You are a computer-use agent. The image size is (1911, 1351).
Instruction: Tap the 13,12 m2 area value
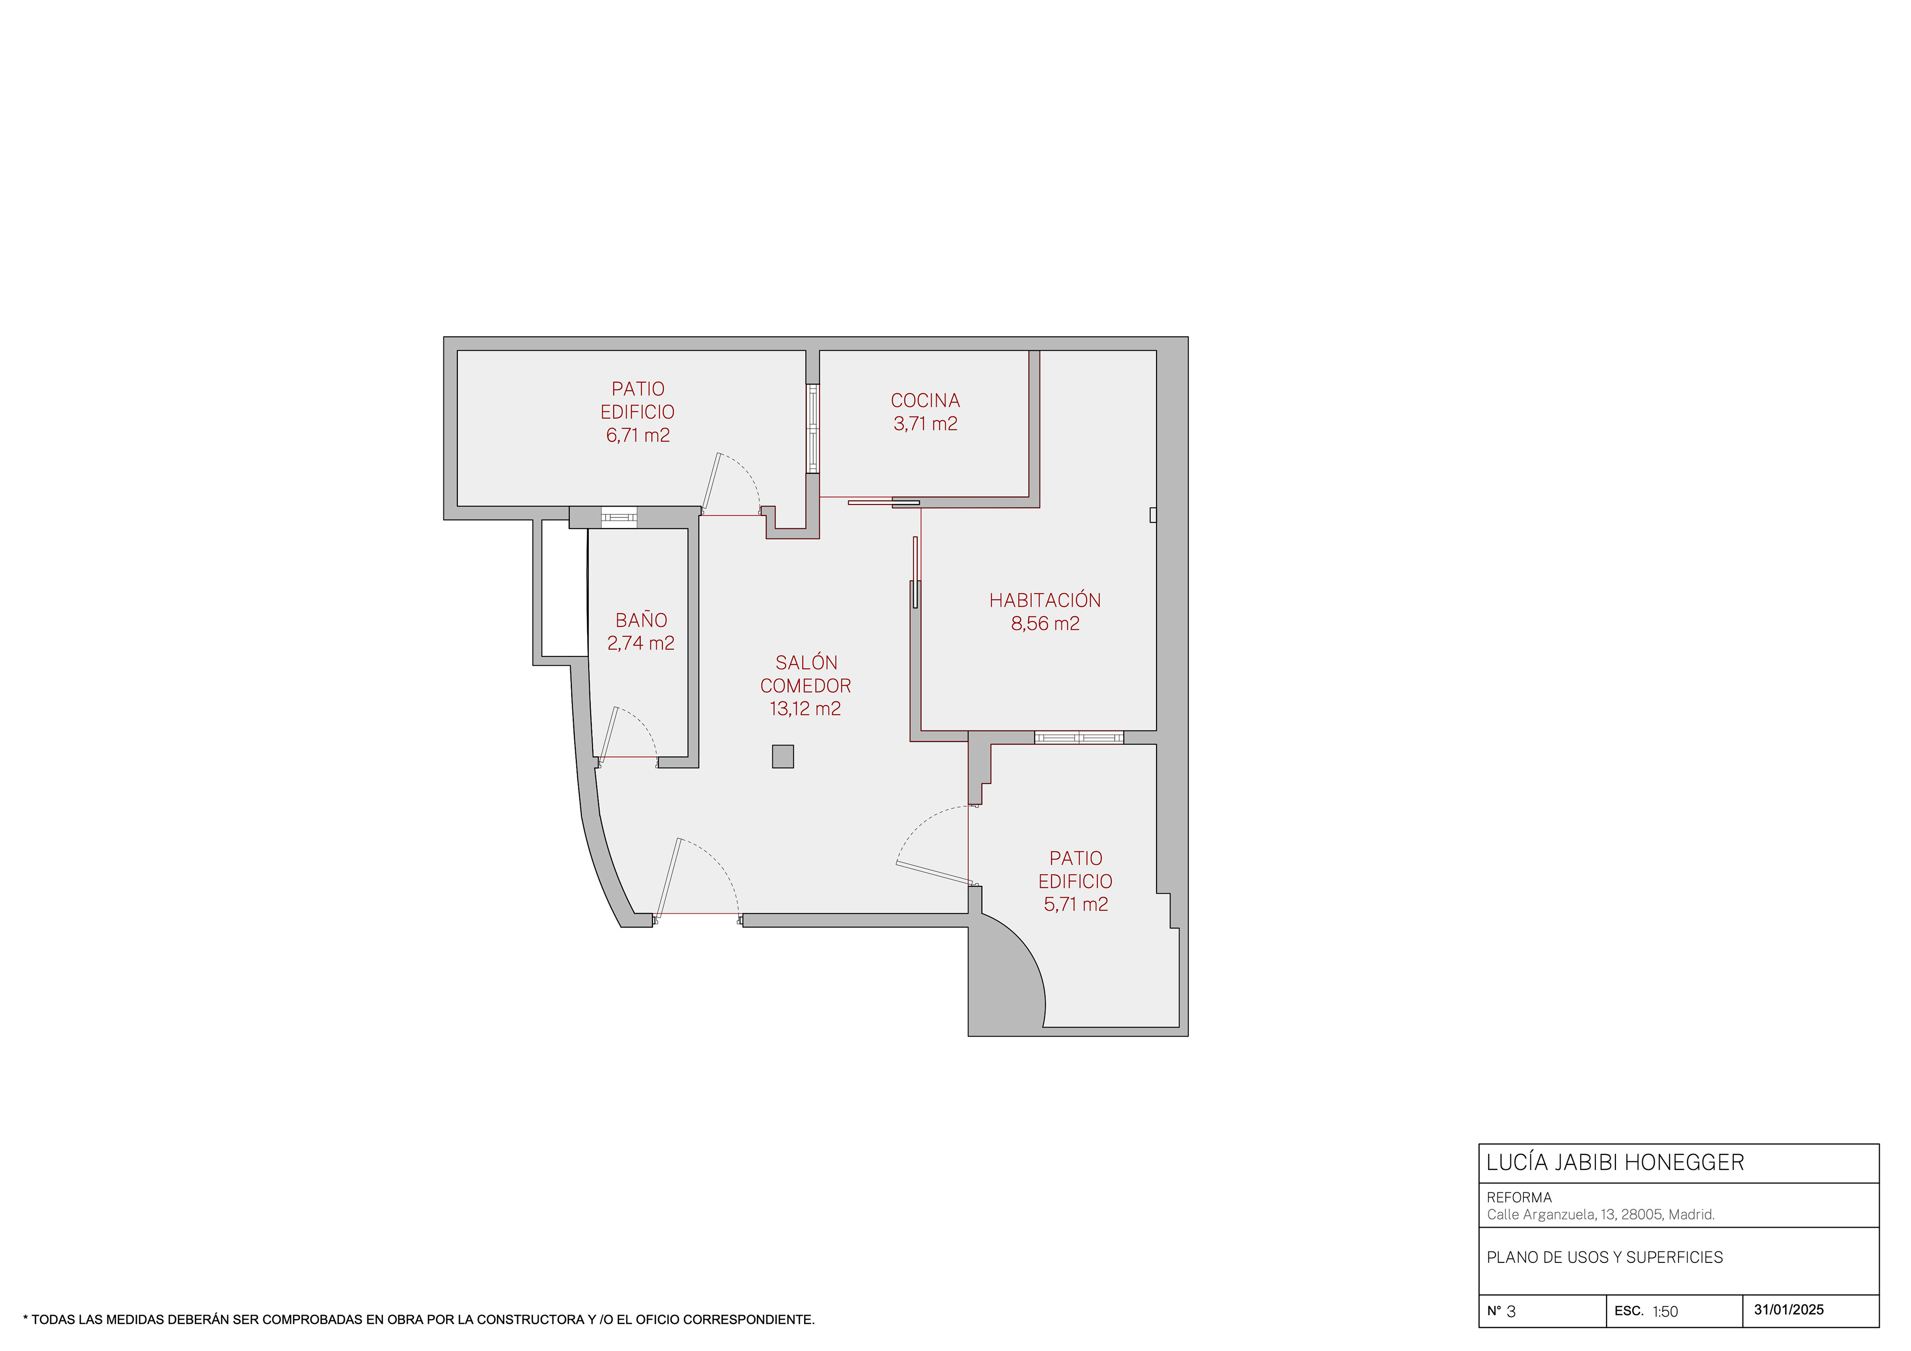(x=805, y=709)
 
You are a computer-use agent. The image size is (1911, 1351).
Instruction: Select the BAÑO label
(x=641, y=620)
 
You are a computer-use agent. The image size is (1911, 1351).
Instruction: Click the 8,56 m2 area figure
(x=1045, y=624)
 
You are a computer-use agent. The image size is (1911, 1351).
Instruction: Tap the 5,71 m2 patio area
(x=1075, y=904)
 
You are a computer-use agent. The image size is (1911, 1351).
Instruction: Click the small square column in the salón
(x=782, y=756)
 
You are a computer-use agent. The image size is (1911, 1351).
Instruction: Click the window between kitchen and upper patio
(x=812, y=429)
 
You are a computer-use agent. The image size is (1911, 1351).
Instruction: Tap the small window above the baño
(x=619, y=517)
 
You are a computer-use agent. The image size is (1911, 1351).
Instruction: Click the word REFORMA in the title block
(x=1519, y=1197)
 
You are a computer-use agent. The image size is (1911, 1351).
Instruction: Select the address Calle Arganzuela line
(x=1600, y=1215)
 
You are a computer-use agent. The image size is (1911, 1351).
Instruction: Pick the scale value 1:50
(x=1666, y=1312)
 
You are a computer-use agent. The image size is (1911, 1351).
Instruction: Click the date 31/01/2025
(x=1789, y=1309)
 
